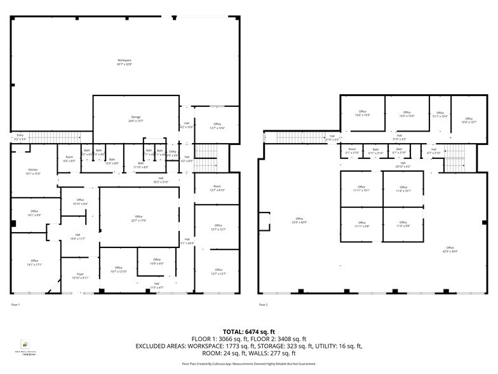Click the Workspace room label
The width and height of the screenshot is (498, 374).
point(124,62)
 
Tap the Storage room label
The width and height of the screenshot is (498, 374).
point(136,118)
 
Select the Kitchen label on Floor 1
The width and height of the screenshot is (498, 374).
point(32,171)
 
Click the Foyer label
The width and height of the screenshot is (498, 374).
point(80,275)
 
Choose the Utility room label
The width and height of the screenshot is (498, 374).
point(172,152)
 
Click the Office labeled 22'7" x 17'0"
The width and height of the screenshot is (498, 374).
point(138,219)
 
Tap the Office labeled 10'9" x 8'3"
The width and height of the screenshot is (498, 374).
point(156,261)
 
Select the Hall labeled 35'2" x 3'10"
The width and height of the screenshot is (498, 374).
point(161,180)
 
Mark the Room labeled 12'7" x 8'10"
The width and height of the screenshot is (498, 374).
point(217,188)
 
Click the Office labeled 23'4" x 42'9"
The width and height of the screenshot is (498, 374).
point(299,220)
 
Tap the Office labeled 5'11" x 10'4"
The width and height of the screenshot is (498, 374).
point(440,114)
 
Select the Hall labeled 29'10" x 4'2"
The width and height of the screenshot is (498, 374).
point(403,165)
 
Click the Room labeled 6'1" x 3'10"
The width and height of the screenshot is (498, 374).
point(352,151)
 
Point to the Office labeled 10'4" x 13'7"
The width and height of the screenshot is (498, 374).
point(469,120)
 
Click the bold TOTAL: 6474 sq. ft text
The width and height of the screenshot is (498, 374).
point(248,332)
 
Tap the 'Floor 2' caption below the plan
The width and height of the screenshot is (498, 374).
point(263,305)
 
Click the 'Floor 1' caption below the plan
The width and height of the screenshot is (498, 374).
point(16,305)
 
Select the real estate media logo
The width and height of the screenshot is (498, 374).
point(25,347)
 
